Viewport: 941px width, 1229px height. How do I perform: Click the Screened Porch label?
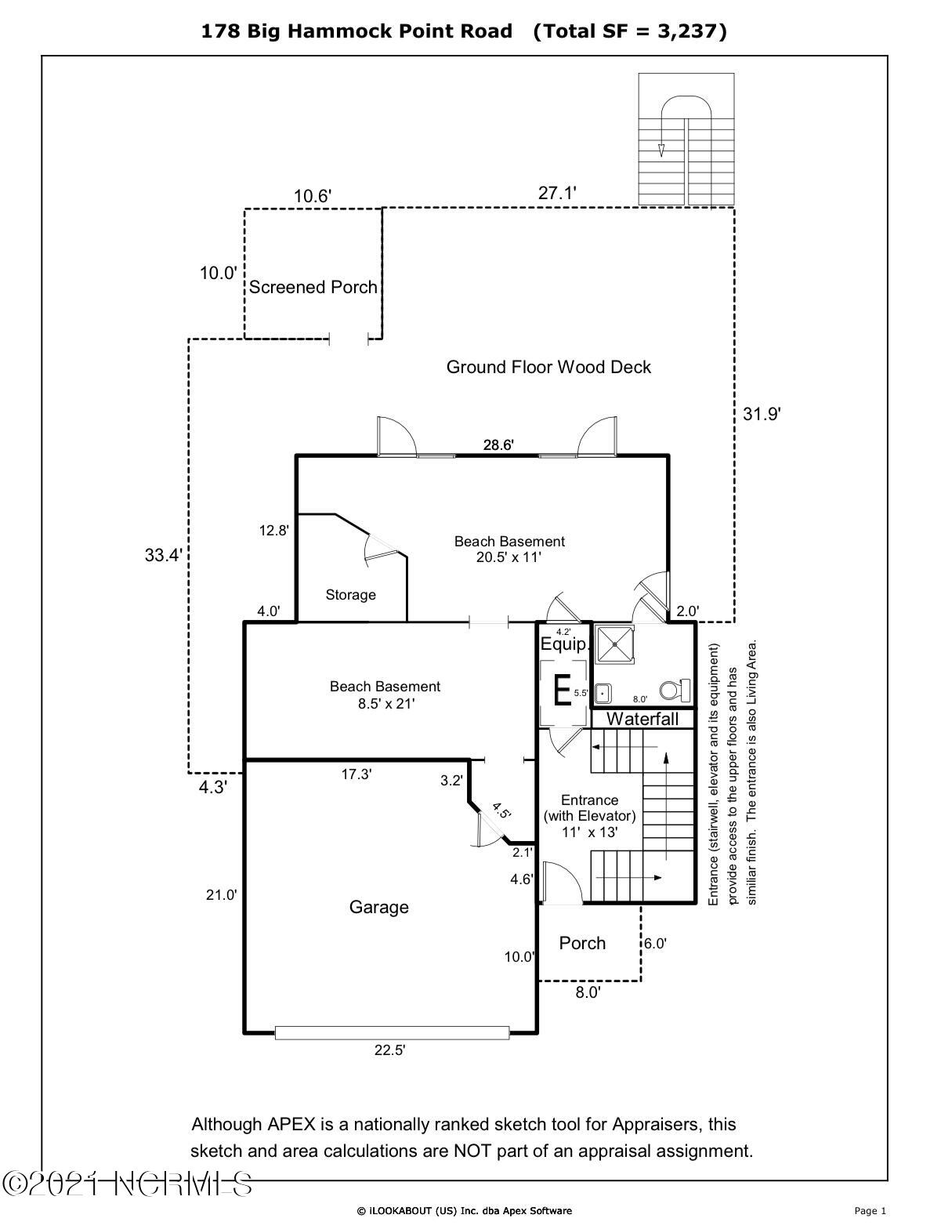pos(313,288)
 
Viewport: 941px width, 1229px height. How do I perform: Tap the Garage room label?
pos(378,907)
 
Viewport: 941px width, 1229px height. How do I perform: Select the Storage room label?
pos(350,595)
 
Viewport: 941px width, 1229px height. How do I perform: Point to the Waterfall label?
pos(642,719)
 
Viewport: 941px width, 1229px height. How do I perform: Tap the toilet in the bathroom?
pos(674,691)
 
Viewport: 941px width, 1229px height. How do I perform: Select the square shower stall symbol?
pos(616,644)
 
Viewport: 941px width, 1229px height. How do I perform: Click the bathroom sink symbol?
pos(603,694)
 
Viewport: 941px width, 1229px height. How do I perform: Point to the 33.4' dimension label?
pos(163,556)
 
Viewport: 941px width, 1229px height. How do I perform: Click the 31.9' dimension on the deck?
pos(762,414)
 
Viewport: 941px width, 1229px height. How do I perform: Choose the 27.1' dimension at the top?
pos(558,193)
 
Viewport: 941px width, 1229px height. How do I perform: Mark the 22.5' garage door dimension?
pos(389,1051)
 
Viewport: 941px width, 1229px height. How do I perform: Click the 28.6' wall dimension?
pos(498,445)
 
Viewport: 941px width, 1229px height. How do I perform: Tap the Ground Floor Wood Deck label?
pos(548,367)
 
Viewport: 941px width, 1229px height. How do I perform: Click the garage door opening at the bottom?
pos(392,1033)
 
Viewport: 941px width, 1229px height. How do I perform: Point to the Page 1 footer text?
pos(870,1211)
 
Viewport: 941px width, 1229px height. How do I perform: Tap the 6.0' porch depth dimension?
pos(656,944)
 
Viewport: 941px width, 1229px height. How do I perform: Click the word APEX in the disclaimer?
pos(291,1124)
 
